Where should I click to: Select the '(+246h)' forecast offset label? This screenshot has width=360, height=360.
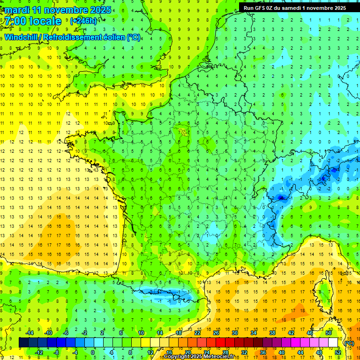pos(83,21)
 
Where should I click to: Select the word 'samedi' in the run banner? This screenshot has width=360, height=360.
pos(295,8)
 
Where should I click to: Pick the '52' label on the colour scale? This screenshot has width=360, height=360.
pos(338,352)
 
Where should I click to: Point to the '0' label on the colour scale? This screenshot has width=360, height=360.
pos(93,352)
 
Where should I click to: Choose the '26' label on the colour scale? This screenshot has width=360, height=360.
pos(216,332)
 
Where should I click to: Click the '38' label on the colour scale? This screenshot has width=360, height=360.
pos(272,332)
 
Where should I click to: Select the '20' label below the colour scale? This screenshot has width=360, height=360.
pos(188,352)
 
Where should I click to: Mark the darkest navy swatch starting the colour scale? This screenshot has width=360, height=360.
pos(23,342)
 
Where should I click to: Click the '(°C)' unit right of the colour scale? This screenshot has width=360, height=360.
pos(349,343)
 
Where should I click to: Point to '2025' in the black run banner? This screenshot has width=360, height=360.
pos(337,8)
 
